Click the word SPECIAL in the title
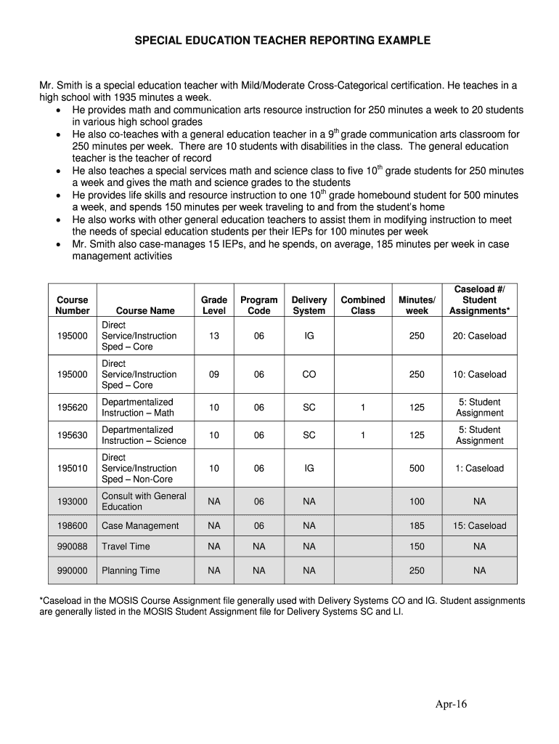coord(158,41)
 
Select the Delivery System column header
coord(309,305)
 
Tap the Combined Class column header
coord(363,305)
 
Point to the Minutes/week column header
coord(417,305)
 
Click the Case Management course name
coord(140,526)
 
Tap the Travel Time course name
coord(126,546)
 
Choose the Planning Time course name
coord(131,571)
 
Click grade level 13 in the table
coord(214,336)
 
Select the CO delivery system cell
coord(309,374)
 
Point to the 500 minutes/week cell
coord(417,469)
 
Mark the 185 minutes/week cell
coord(417,526)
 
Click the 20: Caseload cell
coord(480,336)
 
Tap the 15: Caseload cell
coord(480,526)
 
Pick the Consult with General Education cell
coord(144,501)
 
